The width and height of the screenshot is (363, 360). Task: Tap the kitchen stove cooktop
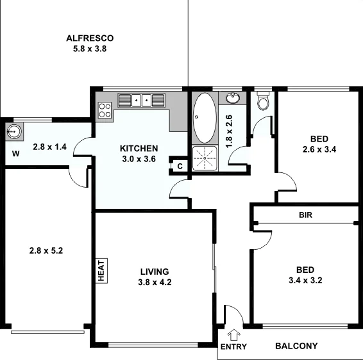click(x=105, y=110)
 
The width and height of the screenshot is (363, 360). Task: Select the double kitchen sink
click(x=140, y=100)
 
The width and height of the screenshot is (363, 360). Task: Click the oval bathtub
click(x=205, y=118)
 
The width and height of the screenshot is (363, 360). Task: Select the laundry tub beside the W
click(x=14, y=132)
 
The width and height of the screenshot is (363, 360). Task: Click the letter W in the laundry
click(x=14, y=154)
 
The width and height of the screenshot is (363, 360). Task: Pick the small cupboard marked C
click(x=180, y=167)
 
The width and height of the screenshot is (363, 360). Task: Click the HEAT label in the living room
click(x=101, y=270)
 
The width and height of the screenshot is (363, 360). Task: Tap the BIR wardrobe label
click(x=305, y=215)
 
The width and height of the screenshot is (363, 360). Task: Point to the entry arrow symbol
click(x=232, y=334)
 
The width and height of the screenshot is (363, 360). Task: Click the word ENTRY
click(x=233, y=347)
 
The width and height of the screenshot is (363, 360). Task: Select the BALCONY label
click(x=296, y=347)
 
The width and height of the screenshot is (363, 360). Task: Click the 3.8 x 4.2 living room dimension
click(x=155, y=282)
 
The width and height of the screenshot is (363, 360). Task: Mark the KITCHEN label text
click(x=139, y=149)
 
